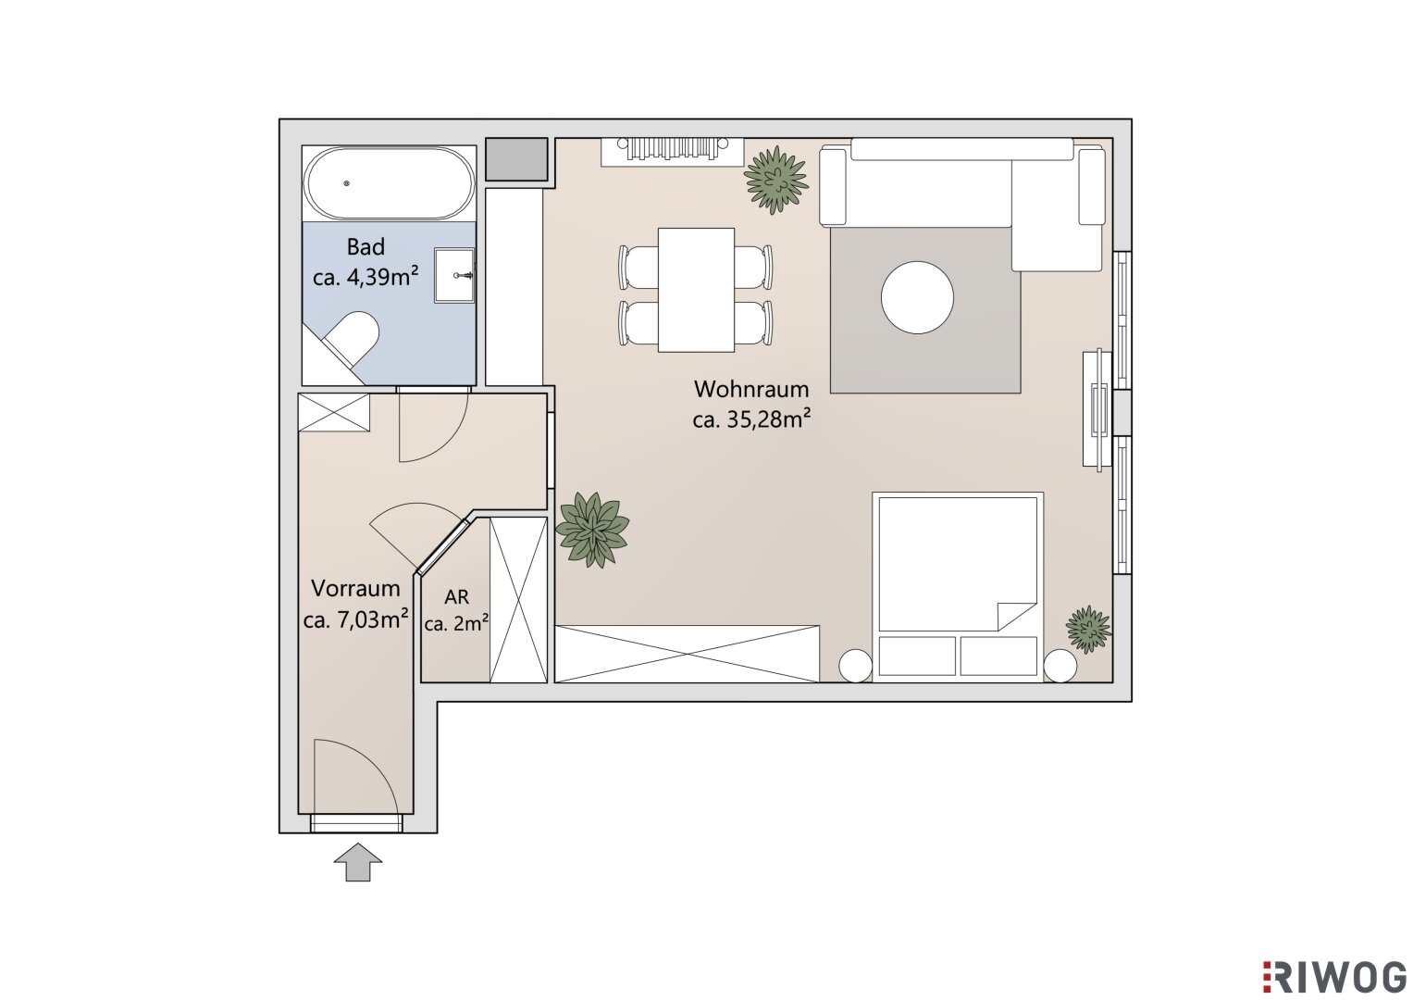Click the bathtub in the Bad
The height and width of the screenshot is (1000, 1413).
coord(390,183)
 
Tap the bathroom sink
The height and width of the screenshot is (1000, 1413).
coord(454,275)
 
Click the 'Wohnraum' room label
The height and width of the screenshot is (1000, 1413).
coord(750,389)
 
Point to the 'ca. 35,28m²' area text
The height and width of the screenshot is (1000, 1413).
coord(750,419)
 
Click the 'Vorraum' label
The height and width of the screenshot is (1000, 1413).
coord(355,588)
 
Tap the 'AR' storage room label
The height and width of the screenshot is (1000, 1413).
coord(457,596)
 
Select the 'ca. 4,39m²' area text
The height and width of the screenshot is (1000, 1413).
coord(366,277)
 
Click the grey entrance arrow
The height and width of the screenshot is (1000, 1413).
coord(358,861)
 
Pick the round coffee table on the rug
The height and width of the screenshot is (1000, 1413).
coord(917,297)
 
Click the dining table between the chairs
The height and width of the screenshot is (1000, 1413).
coord(696,290)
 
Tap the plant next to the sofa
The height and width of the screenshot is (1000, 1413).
coord(775,180)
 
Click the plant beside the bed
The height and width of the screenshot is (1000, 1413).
coord(1088,630)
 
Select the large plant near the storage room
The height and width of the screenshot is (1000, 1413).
coord(591,529)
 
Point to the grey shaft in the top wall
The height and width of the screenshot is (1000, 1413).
coord(516,159)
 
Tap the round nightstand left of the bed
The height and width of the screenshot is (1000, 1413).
coord(855,666)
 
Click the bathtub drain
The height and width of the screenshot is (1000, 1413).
coord(346,183)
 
